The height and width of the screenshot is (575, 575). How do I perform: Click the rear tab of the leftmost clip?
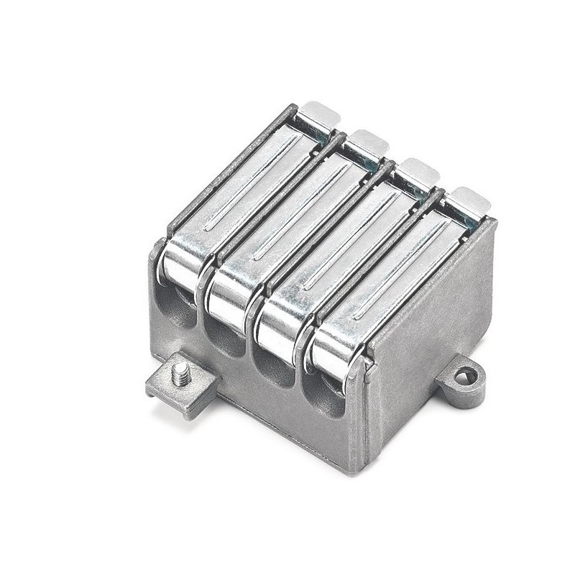[x=318, y=114]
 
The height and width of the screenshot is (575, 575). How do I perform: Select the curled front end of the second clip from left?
[x=229, y=295]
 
